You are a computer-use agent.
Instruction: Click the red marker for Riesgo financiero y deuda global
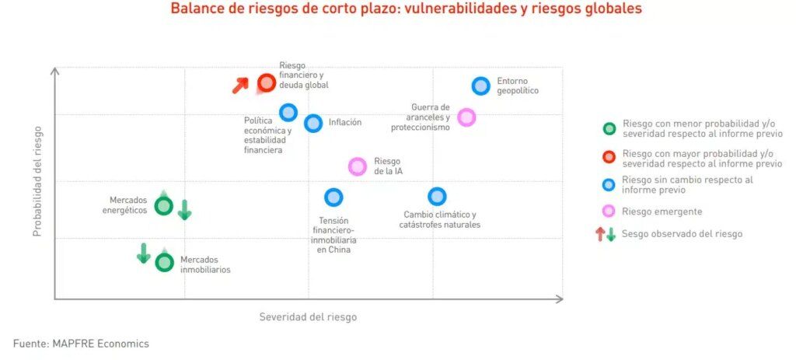coord(267,82)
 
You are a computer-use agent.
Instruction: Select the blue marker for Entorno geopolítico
coord(481,86)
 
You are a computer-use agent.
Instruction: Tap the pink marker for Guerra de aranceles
coord(466,117)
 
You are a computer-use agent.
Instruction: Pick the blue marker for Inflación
coord(313,123)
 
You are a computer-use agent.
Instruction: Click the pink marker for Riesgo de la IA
coord(358,166)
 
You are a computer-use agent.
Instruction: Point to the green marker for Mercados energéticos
coord(163,206)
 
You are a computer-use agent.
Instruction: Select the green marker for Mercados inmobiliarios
coord(164,262)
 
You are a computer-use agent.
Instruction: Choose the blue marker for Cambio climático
coord(437,197)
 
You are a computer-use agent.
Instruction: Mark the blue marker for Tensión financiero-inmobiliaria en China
coord(333,197)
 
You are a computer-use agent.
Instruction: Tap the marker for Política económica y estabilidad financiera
coord(288,112)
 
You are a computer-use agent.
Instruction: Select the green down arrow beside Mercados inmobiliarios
coord(144,253)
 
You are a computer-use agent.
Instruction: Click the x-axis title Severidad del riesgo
coord(308,317)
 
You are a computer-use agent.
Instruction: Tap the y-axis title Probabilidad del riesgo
coord(37,181)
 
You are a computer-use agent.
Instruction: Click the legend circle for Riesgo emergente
coord(609,211)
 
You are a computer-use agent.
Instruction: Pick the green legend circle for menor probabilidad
coord(609,129)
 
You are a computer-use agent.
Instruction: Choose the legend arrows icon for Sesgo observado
coord(606,234)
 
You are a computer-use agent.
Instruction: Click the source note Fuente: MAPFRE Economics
coord(81,343)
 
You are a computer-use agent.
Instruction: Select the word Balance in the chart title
coord(194,9)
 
